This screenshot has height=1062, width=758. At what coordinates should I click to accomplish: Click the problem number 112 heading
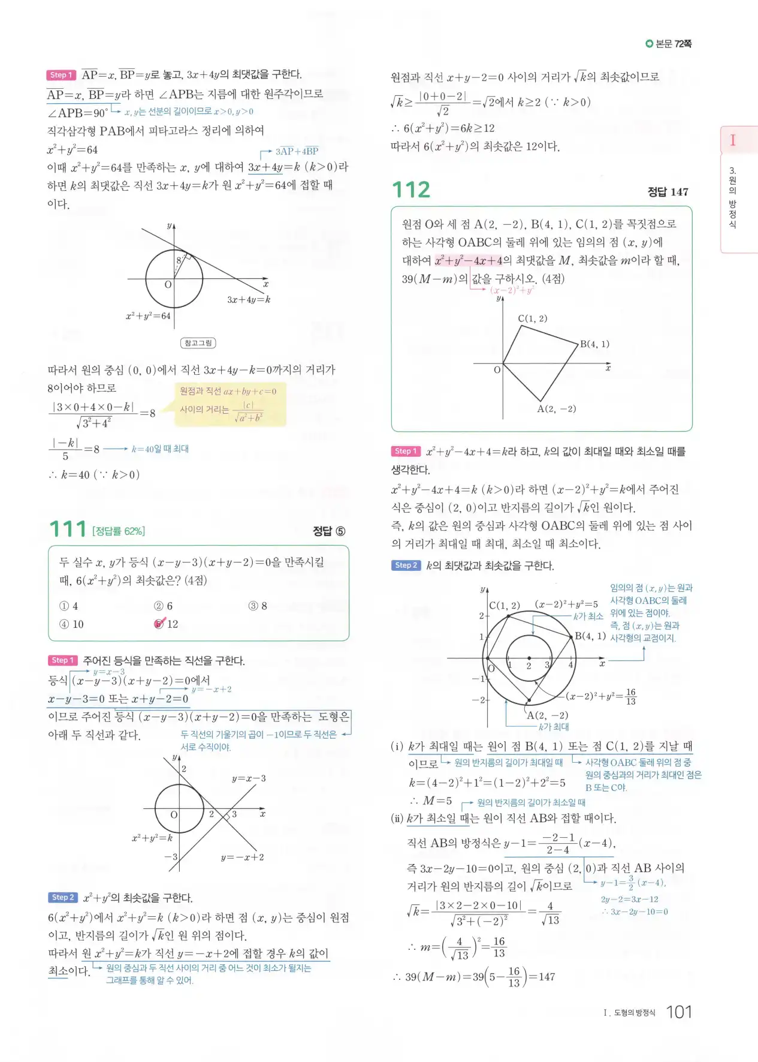coord(411,190)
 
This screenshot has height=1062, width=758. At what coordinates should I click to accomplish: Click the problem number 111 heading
coord(68,530)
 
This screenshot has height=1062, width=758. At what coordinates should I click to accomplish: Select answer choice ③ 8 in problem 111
coord(257,606)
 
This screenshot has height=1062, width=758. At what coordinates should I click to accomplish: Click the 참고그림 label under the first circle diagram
coord(198,343)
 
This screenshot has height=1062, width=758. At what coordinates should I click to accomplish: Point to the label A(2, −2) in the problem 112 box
coord(556,409)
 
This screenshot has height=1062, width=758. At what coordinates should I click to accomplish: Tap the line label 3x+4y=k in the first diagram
coord(249,299)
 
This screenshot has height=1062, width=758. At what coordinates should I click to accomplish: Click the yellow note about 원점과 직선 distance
coord(229,405)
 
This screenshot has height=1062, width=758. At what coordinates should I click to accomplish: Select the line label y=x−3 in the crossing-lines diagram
coord(249,778)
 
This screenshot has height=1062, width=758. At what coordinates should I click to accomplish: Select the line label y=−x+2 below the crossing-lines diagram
coord(242,857)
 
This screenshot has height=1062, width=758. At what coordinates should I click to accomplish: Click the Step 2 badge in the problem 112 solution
coord(406,565)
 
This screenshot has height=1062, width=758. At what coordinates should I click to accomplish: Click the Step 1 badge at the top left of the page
coord(61,75)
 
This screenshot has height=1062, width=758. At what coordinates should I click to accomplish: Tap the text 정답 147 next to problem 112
coord(668,192)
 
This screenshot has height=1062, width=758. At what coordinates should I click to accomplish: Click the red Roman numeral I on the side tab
coord(732,140)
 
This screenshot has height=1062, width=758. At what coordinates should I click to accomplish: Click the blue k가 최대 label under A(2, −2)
coord(554,727)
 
